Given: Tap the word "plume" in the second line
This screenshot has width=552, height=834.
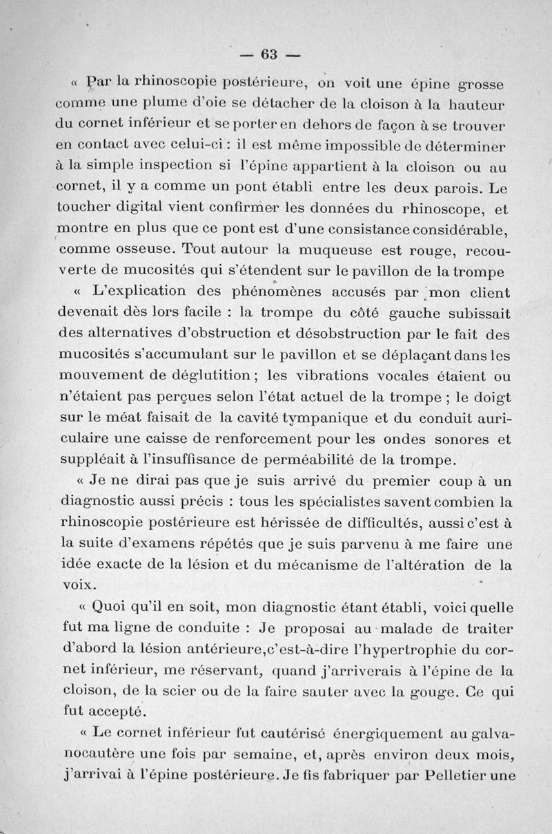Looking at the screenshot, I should tap(164, 104).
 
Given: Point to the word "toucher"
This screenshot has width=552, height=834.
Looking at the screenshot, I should tap(82, 207).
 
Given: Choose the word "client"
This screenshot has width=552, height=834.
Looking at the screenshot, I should tap(486, 292).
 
